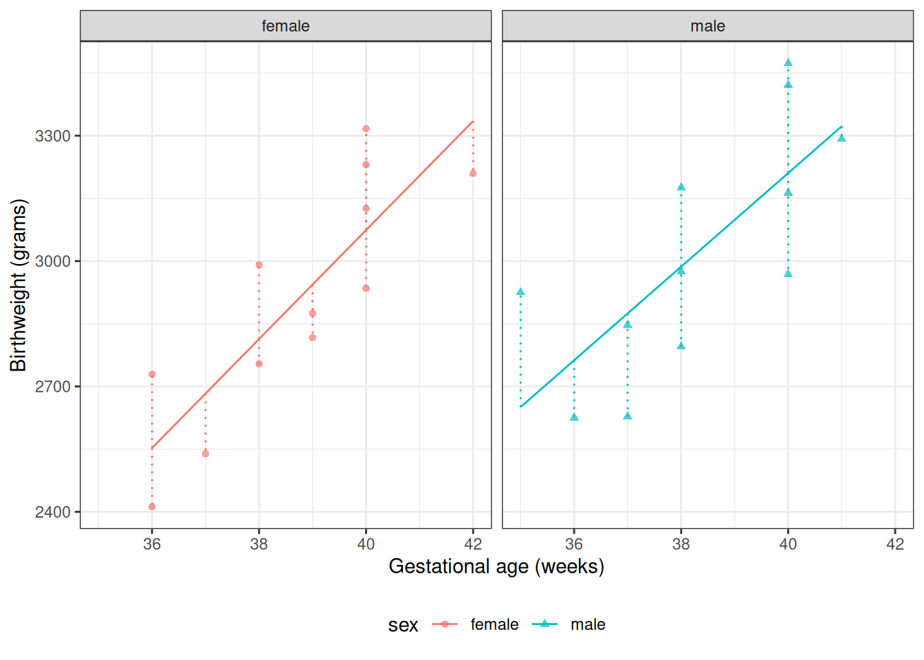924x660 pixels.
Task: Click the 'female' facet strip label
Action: pyautogui.click(x=285, y=26)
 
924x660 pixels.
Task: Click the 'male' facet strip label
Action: pyautogui.click(x=707, y=26)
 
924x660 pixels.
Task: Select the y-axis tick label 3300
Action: pyautogui.click(x=53, y=136)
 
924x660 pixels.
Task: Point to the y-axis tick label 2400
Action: pyautogui.click(x=53, y=512)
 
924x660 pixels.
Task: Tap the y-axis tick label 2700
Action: pyautogui.click(x=53, y=387)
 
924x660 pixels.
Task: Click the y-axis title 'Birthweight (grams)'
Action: pyautogui.click(x=19, y=285)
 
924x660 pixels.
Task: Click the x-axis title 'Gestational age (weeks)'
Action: pyautogui.click(x=496, y=566)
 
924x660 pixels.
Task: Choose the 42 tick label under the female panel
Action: pyautogui.click(x=473, y=544)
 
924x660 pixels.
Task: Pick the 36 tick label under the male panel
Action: pyautogui.click(x=574, y=544)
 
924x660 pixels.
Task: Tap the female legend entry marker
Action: pyautogui.click(x=445, y=624)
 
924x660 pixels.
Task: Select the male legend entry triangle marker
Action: pyautogui.click(x=544, y=624)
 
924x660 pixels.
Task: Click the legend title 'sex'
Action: pyautogui.click(x=403, y=625)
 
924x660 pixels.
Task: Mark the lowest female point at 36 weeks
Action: pyautogui.click(x=152, y=507)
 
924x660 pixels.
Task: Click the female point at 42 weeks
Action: pyautogui.click(x=473, y=173)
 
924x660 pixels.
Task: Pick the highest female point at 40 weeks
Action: pyautogui.click(x=366, y=129)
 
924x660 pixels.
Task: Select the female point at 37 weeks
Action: pyautogui.click(x=206, y=454)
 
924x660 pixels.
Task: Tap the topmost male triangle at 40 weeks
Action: pyautogui.click(x=788, y=63)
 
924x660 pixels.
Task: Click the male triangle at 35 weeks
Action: pyautogui.click(x=520, y=292)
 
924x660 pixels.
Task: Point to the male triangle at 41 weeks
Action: pyautogui.click(x=841, y=138)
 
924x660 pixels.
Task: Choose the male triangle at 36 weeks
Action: pyautogui.click(x=574, y=417)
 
